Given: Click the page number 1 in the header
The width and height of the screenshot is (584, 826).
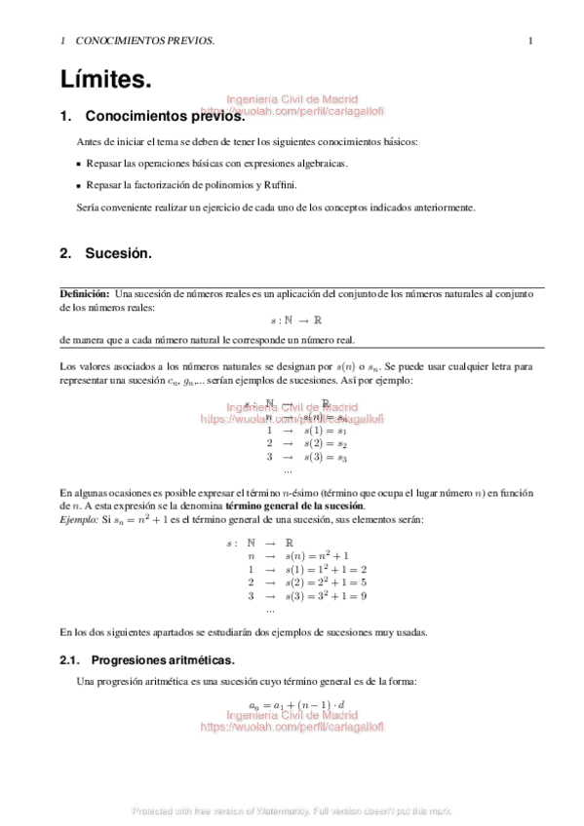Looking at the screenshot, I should [x=529, y=41].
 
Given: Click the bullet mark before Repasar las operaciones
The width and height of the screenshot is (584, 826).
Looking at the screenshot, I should [x=79, y=164].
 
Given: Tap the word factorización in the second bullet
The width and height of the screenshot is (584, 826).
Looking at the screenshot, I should [x=162, y=185].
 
